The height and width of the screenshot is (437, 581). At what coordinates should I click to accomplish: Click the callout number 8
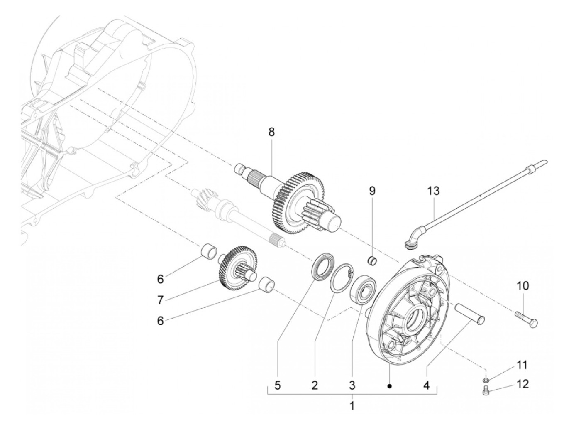click(271, 132)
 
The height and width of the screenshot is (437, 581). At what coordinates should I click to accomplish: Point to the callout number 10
click(523, 286)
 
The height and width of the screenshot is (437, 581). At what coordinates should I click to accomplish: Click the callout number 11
click(522, 365)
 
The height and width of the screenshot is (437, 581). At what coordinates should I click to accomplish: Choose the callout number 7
click(161, 299)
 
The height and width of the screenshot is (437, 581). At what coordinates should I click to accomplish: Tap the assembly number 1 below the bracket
click(352, 405)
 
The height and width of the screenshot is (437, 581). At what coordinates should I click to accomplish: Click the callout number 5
click(278, 385)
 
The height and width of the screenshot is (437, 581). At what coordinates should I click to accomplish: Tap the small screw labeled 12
click(487, 391)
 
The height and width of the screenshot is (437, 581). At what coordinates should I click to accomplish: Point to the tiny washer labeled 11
click(486, 380)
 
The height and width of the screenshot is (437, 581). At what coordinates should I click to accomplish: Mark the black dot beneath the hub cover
click(389, 386)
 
